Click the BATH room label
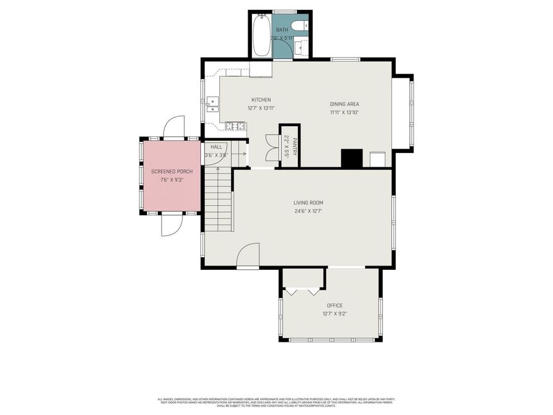tap(282, 30)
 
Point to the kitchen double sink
tap(212, 106)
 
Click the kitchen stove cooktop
tap(235, 126)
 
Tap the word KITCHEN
tap(261, 100)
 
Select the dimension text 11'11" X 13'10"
tap(344, 112)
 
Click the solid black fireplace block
tap(352, 159)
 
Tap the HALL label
tap(216, 147)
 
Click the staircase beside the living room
tap(218, 200)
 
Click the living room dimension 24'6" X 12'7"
tap(308, 211)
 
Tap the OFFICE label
tap(335, 306)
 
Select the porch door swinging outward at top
tap(173, 127)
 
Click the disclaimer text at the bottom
tap(276, 401)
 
